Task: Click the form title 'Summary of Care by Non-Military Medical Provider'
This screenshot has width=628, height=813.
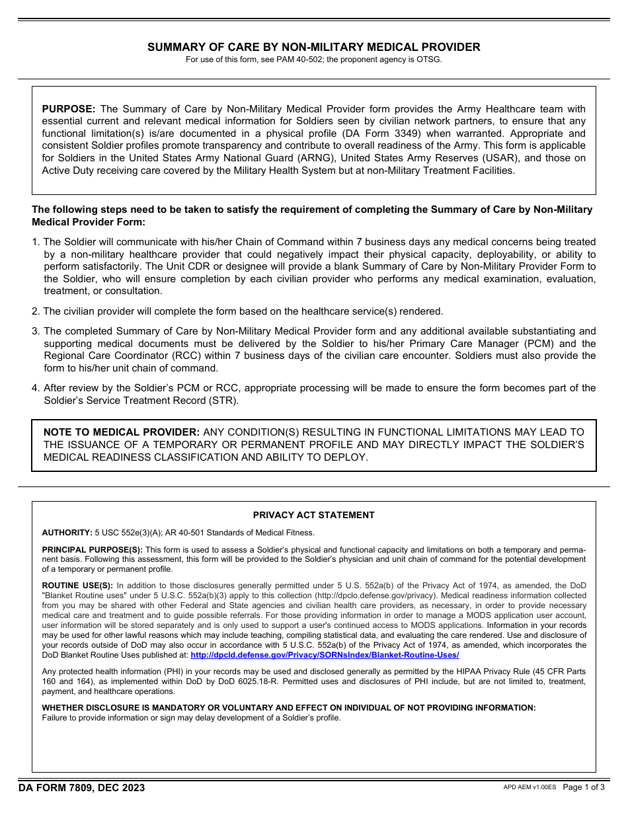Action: pyautogui.click(x=313, y=47)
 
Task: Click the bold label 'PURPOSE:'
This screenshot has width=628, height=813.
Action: pyautogui.click(x=69, y=109)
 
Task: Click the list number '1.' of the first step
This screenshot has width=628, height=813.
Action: pyautogui.click(x=36, y=243)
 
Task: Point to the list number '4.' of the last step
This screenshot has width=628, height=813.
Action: pyautogui.click(x=36, y=388)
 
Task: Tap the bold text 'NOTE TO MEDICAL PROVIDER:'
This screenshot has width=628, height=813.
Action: pyautogui.click(x=122, y=432)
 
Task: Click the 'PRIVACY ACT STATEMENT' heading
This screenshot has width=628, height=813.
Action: pyautogui.click(x=313, y=515)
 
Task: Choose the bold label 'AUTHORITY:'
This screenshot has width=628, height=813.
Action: pyautogui.click(x=67, y=533)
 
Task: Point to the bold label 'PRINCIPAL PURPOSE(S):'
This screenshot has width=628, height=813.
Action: pyautogui.click(x=92, y=550)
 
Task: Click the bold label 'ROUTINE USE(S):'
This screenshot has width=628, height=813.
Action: pyautogui.click(x=77, y=586)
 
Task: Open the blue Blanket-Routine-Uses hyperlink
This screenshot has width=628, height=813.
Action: pyautogui.click(x=325, y=655)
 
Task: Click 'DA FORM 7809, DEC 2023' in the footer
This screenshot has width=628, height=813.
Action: pyautogui.click(x=81, y=787)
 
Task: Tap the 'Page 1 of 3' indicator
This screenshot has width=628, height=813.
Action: pyautogui.click(x=584, y=787)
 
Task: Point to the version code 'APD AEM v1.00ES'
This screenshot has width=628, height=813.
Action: pyautogui.click(x=530, y=788)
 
